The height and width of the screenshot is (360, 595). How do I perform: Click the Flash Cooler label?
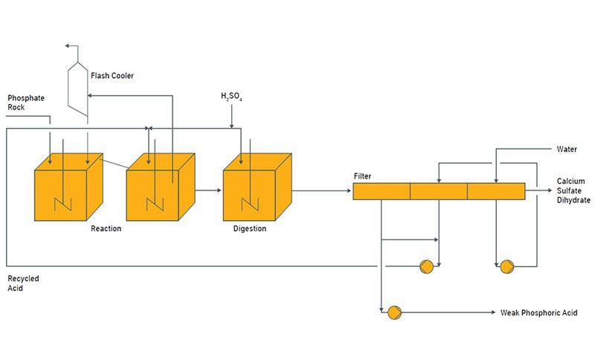tap(112, 75)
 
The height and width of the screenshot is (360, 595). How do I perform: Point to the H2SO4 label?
tap(231, 97)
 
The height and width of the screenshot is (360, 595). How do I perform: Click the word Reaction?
tap(106, 228)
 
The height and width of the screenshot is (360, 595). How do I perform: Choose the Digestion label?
tap(249, 228)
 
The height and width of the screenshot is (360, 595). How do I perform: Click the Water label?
tap(567, 149)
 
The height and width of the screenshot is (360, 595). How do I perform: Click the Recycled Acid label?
tap(23, 283)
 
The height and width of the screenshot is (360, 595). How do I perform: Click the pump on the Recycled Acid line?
tap(426, 266)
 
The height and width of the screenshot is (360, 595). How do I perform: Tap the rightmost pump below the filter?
tap(507, 266)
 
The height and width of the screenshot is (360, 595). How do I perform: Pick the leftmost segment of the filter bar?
tap(381, 191)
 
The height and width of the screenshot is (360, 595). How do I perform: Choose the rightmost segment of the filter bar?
tap(495, 191)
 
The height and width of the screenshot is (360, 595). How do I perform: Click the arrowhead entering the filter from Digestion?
tap(349, 191)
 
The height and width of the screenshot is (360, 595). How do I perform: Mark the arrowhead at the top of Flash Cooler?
tap(67, 46)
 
